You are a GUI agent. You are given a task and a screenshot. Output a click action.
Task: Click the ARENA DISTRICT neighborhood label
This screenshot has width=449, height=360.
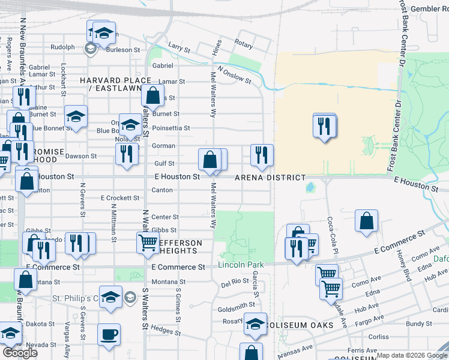coord(270,178)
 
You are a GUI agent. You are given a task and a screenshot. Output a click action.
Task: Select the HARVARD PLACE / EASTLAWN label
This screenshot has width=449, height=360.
coord(115,85)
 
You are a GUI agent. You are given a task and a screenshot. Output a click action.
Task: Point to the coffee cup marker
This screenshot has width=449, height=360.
coord(109,335)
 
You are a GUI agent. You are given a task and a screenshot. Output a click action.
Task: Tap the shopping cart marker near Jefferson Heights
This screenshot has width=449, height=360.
coord(148,243)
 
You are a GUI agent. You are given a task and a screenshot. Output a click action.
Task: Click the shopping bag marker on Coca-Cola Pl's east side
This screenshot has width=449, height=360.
coord(366,221)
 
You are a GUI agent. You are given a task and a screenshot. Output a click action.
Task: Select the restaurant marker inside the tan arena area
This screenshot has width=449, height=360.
coord(324,126)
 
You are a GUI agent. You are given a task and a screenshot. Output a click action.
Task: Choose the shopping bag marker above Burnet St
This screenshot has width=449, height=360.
coord(153,95)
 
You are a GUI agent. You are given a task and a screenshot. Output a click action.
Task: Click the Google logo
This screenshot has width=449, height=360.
coord(20,353)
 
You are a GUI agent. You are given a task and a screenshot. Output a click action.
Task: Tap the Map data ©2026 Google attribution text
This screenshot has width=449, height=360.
coord(412,355)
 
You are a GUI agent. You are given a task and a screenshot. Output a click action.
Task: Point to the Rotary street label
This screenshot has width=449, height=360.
coord(244,44)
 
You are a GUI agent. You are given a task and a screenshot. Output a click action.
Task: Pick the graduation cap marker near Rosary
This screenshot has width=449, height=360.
coord(255,323)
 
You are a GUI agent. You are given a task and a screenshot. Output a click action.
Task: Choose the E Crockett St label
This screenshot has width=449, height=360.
coord(119,198)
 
